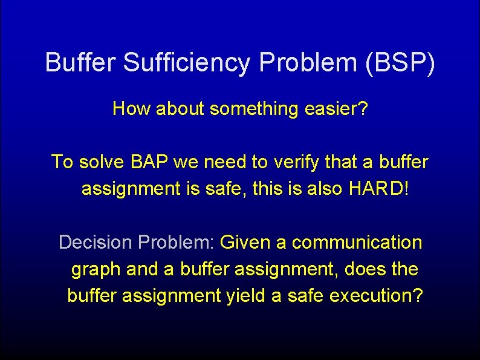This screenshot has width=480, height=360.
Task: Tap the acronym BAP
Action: coord(149,162)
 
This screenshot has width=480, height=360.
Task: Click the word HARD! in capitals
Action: coord(379,189)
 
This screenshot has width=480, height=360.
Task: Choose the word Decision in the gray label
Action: coord(96,243)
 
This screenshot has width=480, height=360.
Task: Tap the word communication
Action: coord(357,243)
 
